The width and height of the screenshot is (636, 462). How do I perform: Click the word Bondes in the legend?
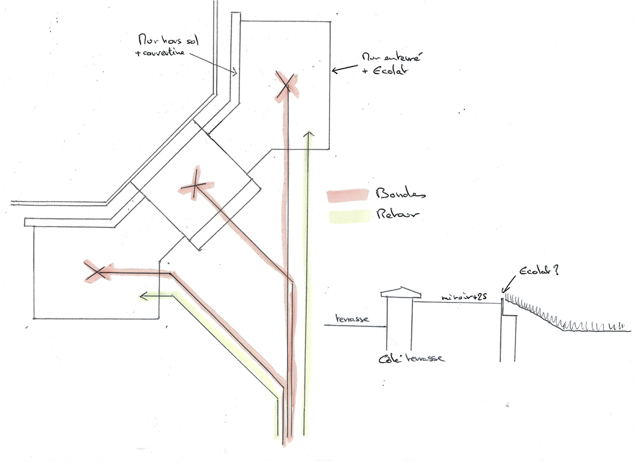click(400, 193)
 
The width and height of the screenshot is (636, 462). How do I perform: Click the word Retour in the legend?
click(398, 215)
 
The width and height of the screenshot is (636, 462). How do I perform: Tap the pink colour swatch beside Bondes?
click(347, 196)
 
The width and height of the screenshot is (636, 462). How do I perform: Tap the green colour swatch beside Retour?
click(349, 217)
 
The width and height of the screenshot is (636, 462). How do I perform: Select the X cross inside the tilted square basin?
click(195, 186)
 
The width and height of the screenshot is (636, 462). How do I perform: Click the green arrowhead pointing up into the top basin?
click(309, 133)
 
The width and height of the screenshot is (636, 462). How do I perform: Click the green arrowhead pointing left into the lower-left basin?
click(143, 297)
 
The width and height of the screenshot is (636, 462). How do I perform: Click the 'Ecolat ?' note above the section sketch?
click(539, 272)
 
